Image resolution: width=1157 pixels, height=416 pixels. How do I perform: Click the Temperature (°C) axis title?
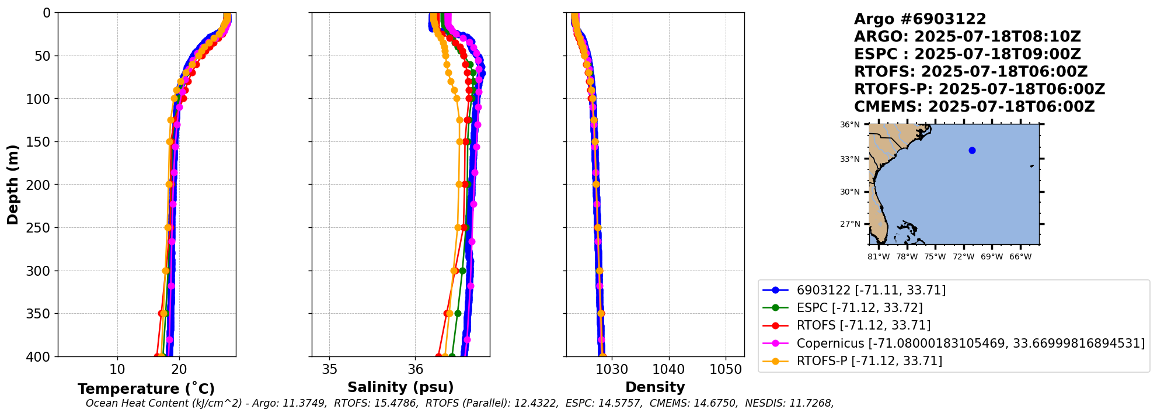tap(146, 389)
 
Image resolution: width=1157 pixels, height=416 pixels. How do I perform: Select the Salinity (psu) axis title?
tap(400, 387)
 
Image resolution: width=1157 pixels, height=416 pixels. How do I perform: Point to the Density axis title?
tap(655, 387)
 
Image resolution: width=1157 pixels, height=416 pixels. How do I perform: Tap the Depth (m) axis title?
tap(13, 185)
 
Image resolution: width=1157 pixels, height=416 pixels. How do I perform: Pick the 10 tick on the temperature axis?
tap(117, 369)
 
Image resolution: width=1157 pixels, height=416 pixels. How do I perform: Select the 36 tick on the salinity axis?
tap(415, 369)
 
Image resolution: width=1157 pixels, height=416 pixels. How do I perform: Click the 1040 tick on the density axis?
tap(668, 369)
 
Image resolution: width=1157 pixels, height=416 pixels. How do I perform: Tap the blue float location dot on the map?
tap(972, 150)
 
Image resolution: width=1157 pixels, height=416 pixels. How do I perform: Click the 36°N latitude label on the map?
tap(849, 124)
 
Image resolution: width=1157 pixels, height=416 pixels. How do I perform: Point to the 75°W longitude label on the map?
tap(935, 257)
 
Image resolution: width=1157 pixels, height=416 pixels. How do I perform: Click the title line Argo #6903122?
tap(920, 19)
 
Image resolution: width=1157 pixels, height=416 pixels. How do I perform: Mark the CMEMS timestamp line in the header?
tap(974, 107)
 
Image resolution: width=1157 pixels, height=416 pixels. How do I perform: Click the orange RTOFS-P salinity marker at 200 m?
tap(459, 185)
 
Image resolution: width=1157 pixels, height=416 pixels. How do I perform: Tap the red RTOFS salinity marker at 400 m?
tap(438, 356)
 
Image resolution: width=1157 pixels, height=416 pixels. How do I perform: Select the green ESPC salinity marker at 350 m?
tap(458, 314)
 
